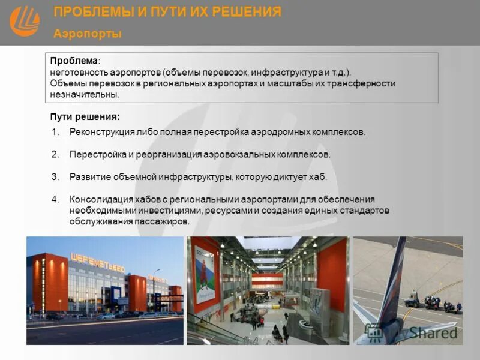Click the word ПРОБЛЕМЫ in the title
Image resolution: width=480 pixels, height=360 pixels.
tap(90, 12)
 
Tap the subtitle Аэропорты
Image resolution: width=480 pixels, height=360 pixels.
tap(88, 34)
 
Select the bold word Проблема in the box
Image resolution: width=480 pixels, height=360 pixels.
tap(74, 61)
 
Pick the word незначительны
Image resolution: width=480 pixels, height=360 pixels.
tap(85, 95)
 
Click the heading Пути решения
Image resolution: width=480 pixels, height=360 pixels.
tap(85, 117)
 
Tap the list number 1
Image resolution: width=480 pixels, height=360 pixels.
tap(55, 132)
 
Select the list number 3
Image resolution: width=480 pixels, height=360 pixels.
tap(55, 177)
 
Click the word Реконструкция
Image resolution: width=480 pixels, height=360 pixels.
tap(99, 132)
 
